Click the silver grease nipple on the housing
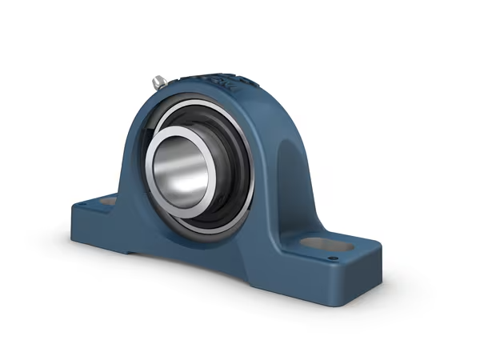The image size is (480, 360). point(158,80)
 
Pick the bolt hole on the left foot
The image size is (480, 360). point(106,205)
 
